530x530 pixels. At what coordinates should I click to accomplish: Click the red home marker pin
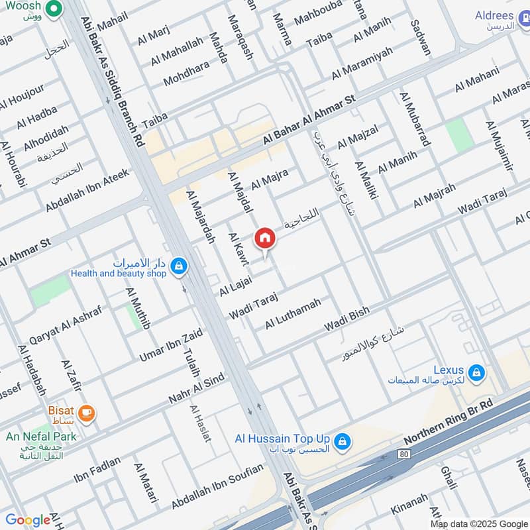[264, 238]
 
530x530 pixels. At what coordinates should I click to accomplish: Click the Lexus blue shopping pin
[476, 374]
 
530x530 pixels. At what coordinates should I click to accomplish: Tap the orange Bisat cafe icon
[87, 414]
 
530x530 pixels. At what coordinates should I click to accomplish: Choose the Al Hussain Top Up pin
[342, 441]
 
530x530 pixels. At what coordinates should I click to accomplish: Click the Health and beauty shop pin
[178, 267]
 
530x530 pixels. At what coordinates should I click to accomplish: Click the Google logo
[27, 520]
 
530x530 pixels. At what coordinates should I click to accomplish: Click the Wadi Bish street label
[346, 321]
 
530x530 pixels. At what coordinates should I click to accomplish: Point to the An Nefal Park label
[41, 436]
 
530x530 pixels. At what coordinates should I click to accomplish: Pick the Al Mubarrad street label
[415, 119]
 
